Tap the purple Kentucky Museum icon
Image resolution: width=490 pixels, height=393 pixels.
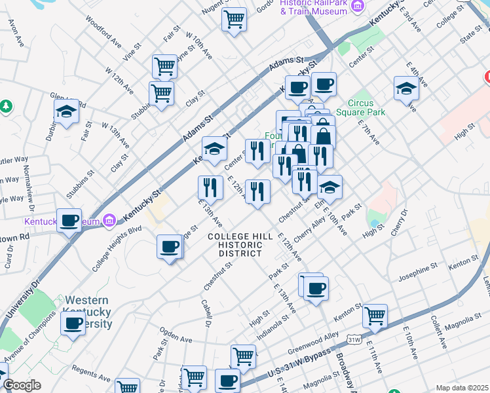coord(109,221)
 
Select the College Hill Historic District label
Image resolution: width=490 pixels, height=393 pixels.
coord(235,244)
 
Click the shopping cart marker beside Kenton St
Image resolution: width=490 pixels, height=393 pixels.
coord(375,316)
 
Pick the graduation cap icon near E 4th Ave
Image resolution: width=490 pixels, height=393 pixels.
coord(406,88)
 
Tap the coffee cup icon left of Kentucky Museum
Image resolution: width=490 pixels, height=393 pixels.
coord(69,221)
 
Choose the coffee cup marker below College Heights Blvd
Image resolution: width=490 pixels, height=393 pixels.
coord(170,247)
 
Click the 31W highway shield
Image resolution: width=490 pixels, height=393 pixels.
coord(354,339)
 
